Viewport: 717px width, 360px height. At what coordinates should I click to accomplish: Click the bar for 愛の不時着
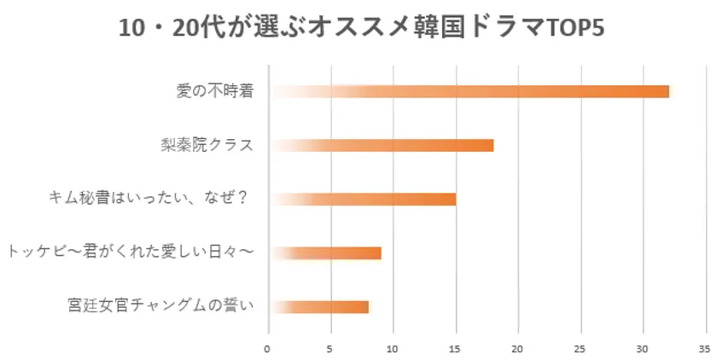[469, 91]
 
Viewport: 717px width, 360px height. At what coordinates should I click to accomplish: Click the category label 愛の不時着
[213, 91]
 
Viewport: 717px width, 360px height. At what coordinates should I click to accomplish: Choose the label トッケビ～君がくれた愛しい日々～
[130, 253]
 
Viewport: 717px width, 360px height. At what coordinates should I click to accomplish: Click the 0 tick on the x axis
[267, 348]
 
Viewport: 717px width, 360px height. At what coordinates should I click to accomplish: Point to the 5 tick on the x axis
[330, 348]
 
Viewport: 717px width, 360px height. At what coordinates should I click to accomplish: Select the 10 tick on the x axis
[393, 348]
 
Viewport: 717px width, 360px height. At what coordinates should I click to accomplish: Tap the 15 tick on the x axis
[455, 348]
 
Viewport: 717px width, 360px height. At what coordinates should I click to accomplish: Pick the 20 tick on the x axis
[517, 348]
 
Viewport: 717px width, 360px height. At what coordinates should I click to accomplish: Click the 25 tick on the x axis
[580, 348]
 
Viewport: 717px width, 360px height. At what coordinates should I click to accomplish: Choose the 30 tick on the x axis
[642, 348]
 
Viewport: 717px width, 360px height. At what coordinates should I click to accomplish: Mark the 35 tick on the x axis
[704, 348]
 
